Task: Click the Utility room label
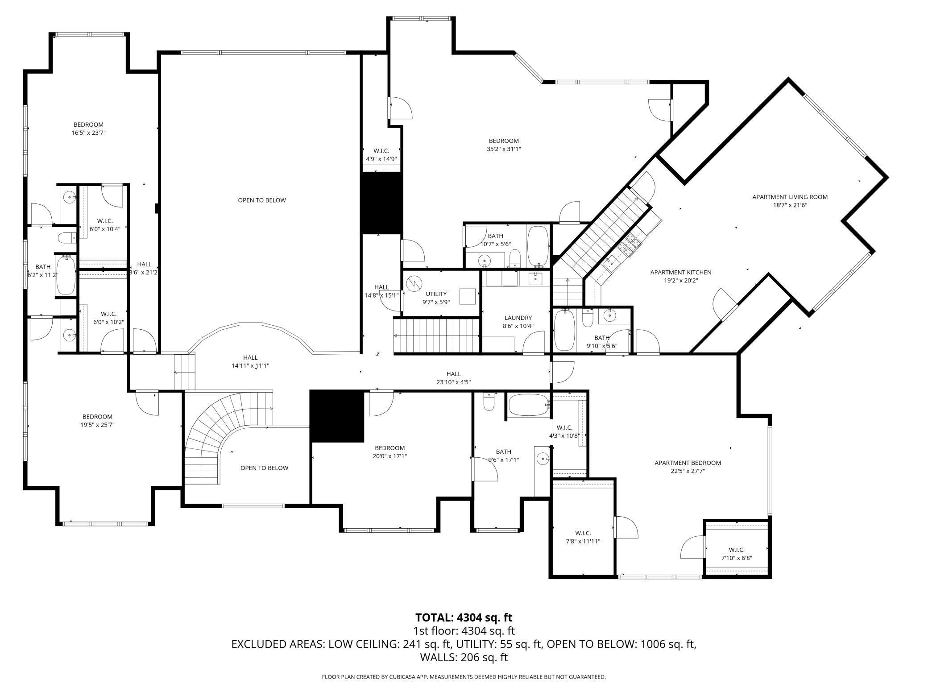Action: tap(436, 294)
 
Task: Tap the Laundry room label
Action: tap(518, 318)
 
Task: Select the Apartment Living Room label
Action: tap(790, 197)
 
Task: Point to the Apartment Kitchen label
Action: tap(680, 272)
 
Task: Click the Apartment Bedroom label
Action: tap(688, 463)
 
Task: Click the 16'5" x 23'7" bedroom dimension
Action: tap(88, 133)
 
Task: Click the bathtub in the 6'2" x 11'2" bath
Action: tap(66, 274)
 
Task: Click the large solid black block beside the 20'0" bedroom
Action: tap(337, 416)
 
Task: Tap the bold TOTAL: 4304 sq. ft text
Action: tap(464, 617)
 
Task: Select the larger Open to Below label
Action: tap(261, 200)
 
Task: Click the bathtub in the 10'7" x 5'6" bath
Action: tap(538, 246)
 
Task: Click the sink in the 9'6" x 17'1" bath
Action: tap(543, 458)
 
